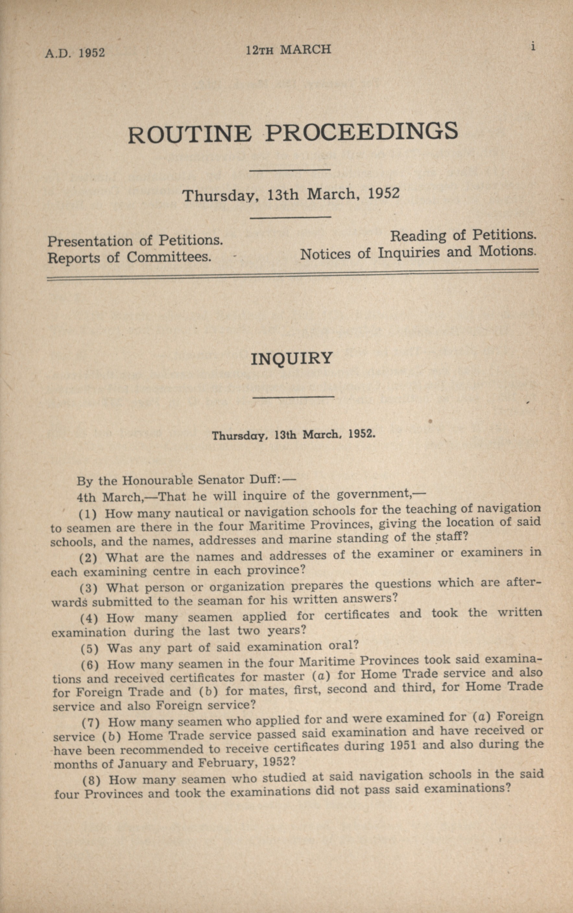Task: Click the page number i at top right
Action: coord(532,47)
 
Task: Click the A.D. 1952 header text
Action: coord(75,53)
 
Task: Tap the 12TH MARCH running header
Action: coord(288,49)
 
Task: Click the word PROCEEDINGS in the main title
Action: coord(361,131)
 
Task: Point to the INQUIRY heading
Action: coord(292,358)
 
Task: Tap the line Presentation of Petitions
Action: coord(135,241)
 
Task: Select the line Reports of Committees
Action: coord(129,257)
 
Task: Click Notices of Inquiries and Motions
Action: coord(418,253)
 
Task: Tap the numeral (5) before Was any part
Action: coord(90,649)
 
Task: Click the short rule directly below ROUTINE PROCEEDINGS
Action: coord(290,170)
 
